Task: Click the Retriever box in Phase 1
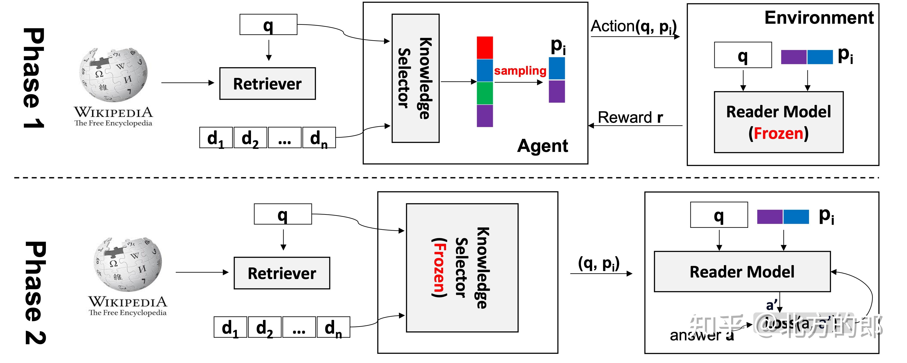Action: (267, 84)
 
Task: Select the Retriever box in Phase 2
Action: (282, 273)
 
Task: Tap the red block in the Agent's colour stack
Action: (484, 48)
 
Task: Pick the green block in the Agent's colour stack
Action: (484, 93)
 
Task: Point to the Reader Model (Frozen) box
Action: (778, 122)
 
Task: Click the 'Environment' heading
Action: (819, 18)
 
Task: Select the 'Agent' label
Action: (542, 146)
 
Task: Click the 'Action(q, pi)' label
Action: (633, 26)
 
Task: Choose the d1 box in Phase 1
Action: (216, 138)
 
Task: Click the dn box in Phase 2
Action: (333, 327)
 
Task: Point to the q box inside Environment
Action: (743, 55)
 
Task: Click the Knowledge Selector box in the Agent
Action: (415, 78)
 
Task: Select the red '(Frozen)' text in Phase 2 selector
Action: (439, 268)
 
